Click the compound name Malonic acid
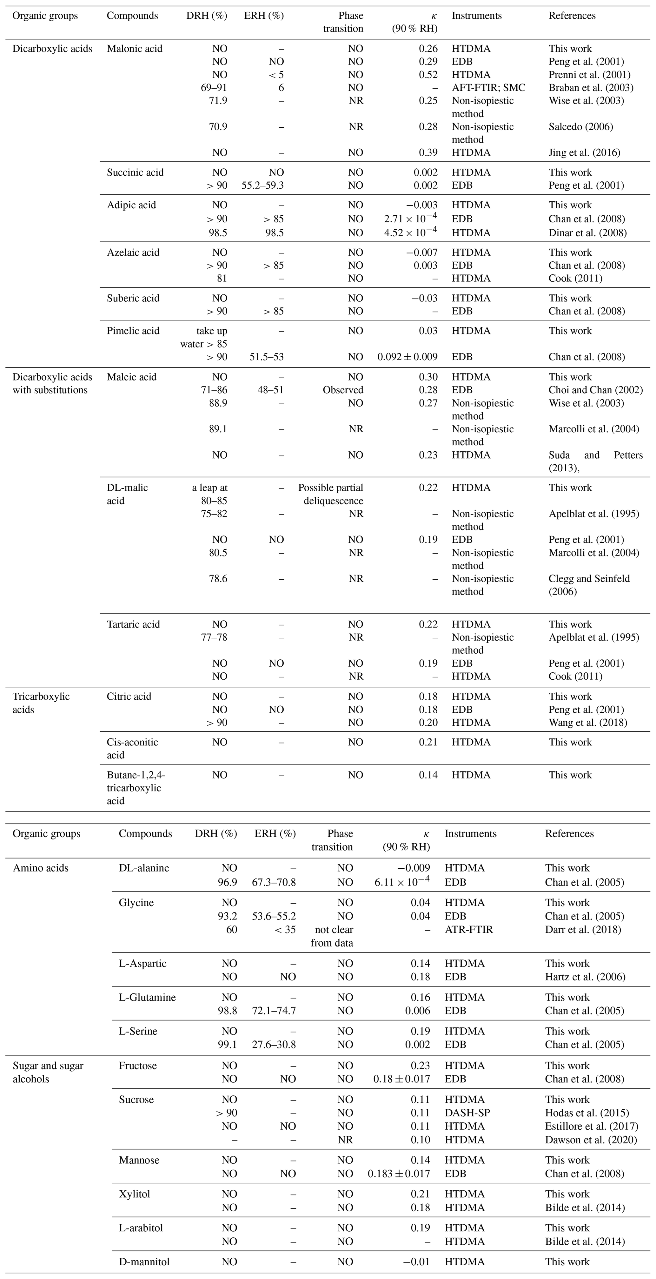135,49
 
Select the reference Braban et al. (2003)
591,88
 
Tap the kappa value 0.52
428,75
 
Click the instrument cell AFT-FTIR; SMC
488,88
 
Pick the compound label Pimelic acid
133,331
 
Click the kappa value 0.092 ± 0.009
408,357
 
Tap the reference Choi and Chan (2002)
595,390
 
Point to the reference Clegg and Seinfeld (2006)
589,585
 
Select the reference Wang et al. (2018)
587,723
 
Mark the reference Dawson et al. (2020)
591,1140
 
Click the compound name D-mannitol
144,1262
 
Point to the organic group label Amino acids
41,868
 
